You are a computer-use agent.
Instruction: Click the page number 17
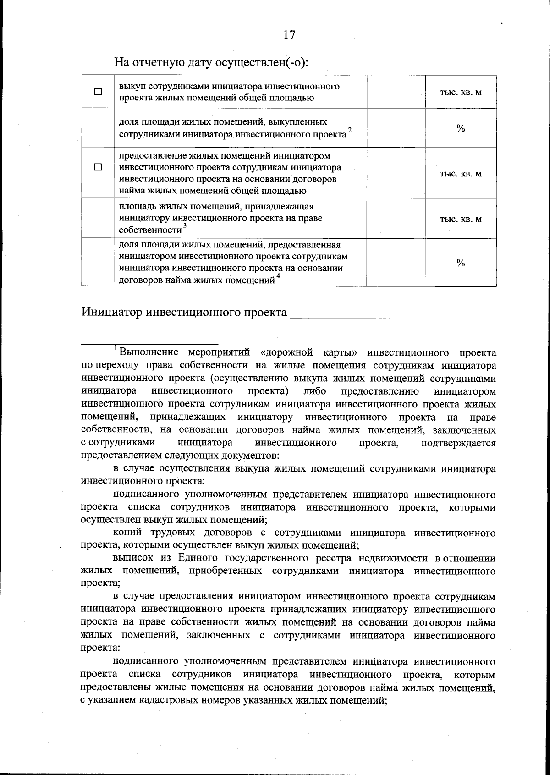[x=289, y=35]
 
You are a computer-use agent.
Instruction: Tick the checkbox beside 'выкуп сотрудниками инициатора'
[x=98, y=92]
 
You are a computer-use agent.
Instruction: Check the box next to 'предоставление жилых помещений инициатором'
[x=98, y=167]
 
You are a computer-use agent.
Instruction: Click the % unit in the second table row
[x=461, y=128]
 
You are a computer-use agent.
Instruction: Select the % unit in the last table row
[x=461, y=263]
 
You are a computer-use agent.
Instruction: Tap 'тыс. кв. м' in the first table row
[x=461, y=92]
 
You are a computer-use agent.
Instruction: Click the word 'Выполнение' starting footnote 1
[x=149, y=352]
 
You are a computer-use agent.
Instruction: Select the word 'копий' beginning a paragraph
[x=127, y=533]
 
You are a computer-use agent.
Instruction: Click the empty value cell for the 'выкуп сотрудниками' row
[x=396, y=92]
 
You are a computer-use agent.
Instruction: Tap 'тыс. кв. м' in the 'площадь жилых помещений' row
[x=461, y=219]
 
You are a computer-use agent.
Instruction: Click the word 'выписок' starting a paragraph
[x=132, y=558]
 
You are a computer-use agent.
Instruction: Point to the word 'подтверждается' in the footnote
[x=458, y=443]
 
